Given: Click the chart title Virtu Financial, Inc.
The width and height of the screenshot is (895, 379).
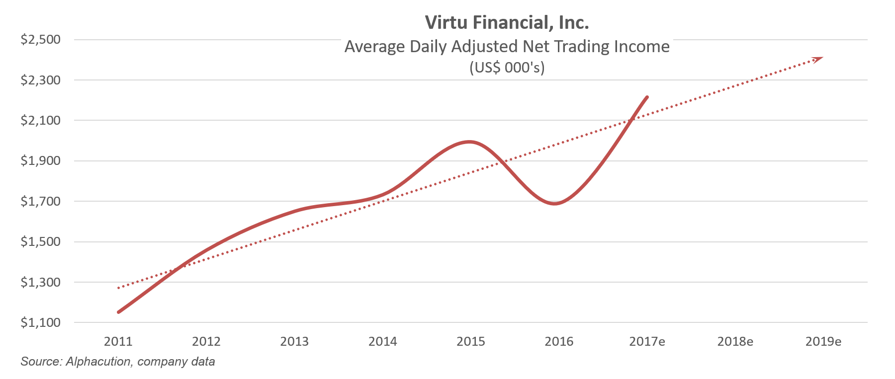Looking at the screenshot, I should [x=507, y=22].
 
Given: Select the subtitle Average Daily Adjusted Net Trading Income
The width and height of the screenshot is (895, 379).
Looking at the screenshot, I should [x=507, y=46].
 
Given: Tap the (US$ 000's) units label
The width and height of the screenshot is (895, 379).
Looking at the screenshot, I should [x=507, y=67].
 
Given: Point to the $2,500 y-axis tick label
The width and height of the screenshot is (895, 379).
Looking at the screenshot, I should [x=40, y=39].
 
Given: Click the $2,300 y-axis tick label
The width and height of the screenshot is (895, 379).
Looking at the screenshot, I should [x=40, y=80].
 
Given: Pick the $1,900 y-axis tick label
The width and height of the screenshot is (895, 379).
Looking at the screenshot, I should [x=40, y=161].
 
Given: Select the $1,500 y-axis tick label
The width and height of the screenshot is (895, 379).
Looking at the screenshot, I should [x=40, y=242].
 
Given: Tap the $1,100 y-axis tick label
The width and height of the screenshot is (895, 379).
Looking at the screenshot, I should [x=40, y=323].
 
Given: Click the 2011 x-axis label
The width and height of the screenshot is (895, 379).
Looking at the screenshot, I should [x=118, y=342].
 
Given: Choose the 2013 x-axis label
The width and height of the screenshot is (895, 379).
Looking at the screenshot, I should [x=294, y=342].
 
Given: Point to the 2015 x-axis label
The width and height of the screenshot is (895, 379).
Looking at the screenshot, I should [x=471, y=342].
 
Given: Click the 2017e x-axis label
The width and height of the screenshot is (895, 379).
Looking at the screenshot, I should [x=647, y=342].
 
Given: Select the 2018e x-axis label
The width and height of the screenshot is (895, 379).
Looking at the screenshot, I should [x=735, y=342].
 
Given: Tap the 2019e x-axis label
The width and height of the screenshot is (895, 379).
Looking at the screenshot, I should [x=823, y=342].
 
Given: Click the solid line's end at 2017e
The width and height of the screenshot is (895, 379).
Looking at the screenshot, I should [x=647, y=97].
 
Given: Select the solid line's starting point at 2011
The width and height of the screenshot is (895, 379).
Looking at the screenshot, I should [x=118, y=312].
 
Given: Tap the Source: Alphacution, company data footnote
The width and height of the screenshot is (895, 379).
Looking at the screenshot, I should [x=118, y=362].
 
